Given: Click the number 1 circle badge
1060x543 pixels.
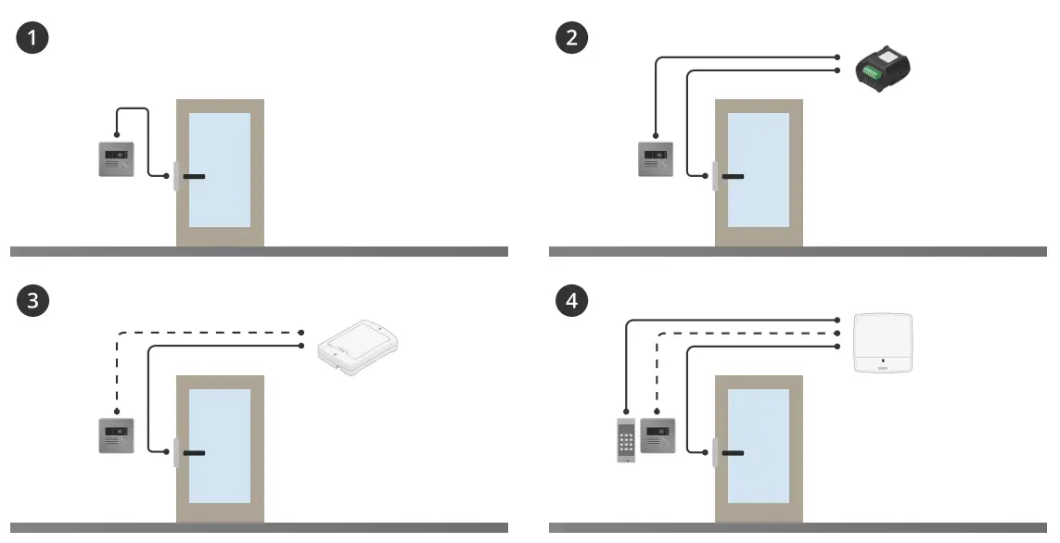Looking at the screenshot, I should (32, 39).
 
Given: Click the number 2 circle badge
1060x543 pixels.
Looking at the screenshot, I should (571, 39).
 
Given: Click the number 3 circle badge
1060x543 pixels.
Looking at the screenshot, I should (32, 300).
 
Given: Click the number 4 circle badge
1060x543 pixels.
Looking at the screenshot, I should (571, 300).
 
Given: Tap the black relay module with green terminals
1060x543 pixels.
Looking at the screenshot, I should (883, 71).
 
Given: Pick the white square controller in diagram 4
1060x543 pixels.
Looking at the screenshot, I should (883, 343).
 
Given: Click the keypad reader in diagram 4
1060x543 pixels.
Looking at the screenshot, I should (627, 439).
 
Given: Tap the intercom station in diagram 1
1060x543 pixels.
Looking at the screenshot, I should (117, 158).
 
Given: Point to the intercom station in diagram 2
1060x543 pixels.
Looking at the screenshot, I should (656, 158).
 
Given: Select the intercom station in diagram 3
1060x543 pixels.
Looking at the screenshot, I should (117, 436).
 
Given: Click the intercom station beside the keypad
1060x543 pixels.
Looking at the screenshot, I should (658, 436).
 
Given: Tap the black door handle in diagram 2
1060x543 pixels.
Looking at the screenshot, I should (734, 176).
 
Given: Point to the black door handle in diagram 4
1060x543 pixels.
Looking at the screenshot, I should (734, 453).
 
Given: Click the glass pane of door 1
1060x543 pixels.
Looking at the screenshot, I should (220, 170).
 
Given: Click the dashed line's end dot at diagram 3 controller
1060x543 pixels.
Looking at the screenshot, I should (303, 333).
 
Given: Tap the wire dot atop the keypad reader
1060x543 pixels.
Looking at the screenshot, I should (627, 412).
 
